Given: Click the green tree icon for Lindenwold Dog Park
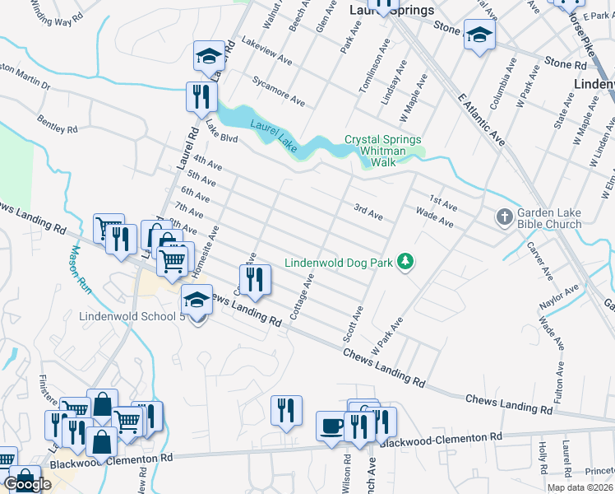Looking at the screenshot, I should click(405, 262).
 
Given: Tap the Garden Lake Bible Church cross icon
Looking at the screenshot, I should click(504, 217).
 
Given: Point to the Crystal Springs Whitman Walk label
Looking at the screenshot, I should click(382, 151).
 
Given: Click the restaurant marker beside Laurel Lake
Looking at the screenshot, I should click(201, 97).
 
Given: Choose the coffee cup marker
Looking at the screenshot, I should click(331, 426).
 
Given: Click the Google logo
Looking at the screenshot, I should click(28, 484).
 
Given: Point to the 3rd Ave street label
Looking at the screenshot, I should click(368, 212).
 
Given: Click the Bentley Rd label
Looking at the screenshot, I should click(57, 124).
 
